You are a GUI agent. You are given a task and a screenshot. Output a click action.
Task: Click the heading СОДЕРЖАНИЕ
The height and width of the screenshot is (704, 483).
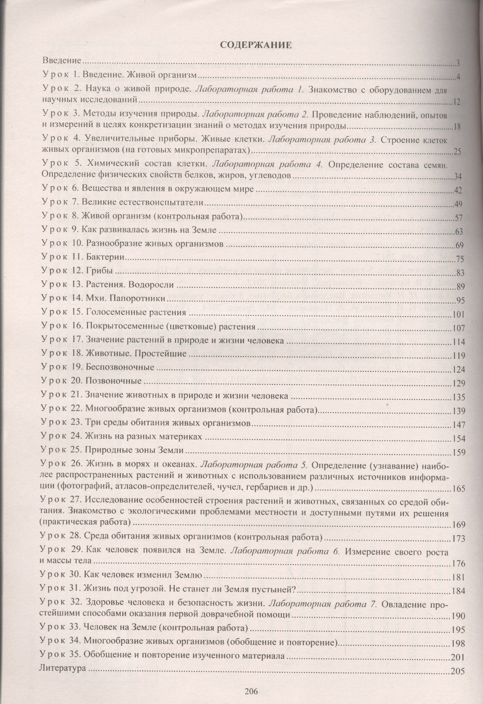point(255,45)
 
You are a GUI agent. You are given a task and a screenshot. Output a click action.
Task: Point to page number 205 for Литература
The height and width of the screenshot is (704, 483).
point(458,678)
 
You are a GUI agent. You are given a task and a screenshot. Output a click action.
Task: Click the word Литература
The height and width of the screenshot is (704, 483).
point(62,676)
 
